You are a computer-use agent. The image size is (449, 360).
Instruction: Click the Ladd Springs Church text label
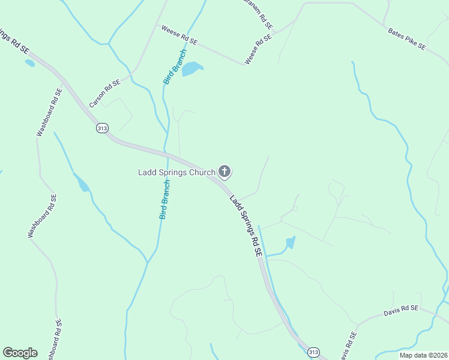[x=176, y=173]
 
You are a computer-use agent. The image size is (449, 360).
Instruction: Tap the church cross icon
[x=224, y=172]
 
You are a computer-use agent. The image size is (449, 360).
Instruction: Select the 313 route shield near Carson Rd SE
[x=102, y=128]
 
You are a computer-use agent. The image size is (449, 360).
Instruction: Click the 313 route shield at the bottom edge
[x=313, y=352]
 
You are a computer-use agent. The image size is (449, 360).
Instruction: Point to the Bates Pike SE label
[x=406, y=38]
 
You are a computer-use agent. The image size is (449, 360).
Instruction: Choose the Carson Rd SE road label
[x=104, y=94]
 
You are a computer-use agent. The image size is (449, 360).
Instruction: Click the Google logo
[x=20, y=353]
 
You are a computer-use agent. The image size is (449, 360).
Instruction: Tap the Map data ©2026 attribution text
[x=423, y=355]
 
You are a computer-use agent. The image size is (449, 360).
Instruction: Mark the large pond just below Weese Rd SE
[x=192, y=68]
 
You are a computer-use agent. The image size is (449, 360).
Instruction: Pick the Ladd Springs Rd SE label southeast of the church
[x=246, y=225]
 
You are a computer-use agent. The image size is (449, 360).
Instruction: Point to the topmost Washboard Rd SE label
[x=49, y=113]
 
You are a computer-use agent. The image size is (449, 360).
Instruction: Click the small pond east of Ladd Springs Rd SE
[x=291, y=242]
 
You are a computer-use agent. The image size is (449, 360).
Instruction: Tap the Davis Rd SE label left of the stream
[x=401, y=311]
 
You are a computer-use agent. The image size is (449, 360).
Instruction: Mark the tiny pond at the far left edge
[x=29, y=63]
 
